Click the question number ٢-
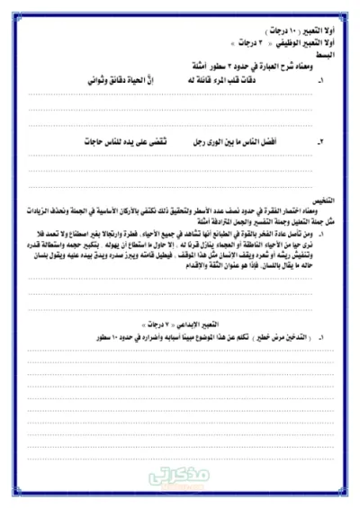coord(319,142)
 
